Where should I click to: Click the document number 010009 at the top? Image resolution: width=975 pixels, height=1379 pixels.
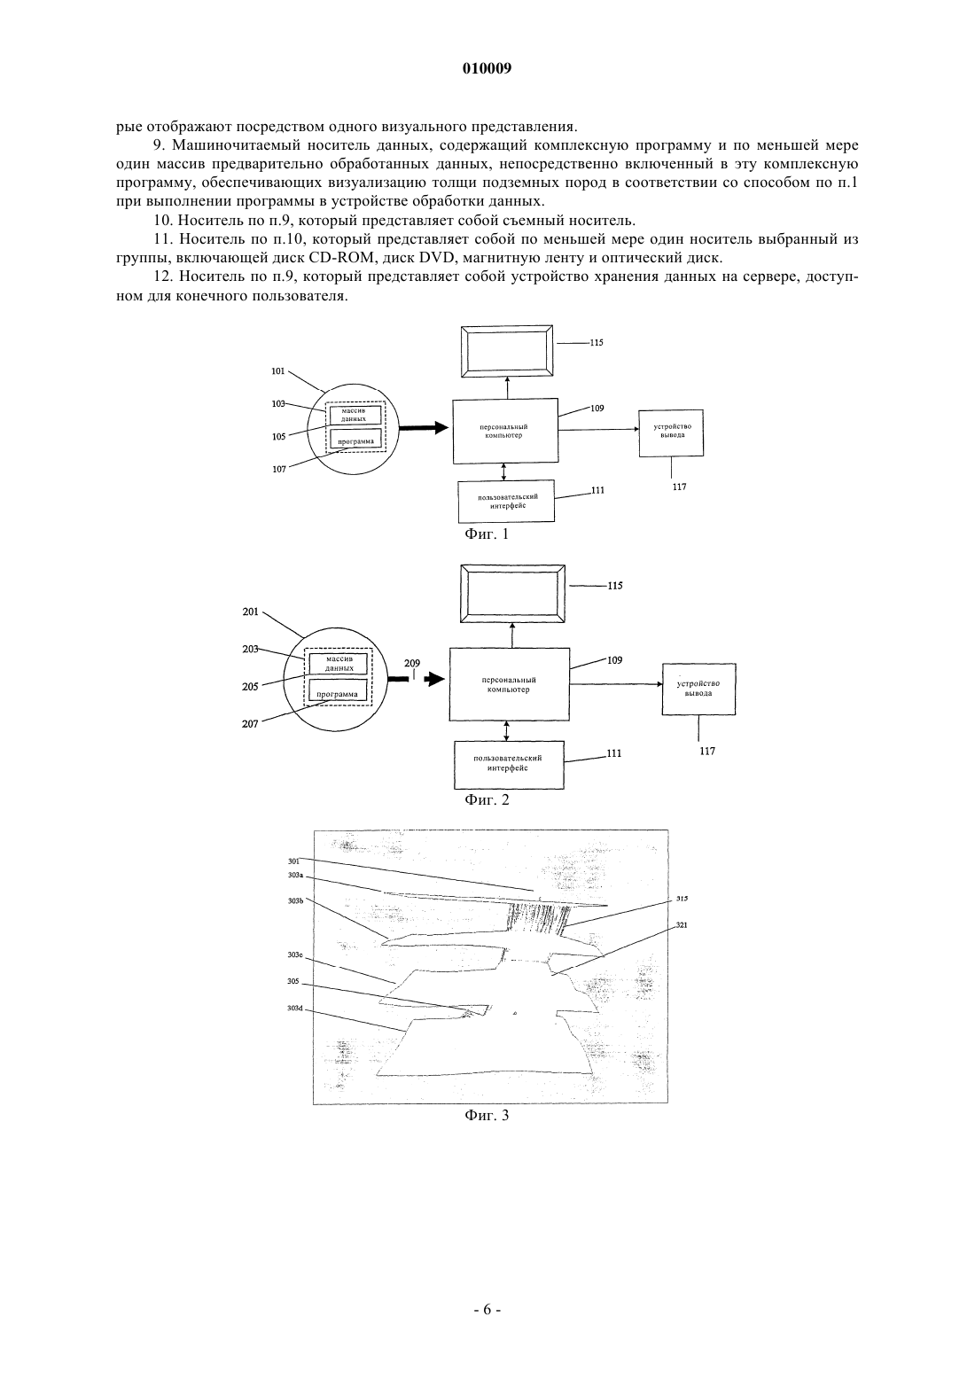pos(487,68)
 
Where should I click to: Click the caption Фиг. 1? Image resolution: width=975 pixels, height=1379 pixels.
pos(487,534)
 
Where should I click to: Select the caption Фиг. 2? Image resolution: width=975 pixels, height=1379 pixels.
pos(487,799)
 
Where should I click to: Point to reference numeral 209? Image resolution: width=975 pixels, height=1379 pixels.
pos(412,663)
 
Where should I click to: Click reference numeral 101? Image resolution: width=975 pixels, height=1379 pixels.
pos(278,371)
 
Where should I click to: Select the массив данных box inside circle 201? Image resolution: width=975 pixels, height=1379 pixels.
pos(339,664)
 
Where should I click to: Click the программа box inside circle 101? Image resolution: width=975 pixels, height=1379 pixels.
pos(355,439)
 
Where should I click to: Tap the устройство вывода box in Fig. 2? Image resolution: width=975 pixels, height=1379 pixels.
pos(698,689)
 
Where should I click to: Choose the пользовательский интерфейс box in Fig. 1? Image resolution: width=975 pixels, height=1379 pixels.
pos(506,501)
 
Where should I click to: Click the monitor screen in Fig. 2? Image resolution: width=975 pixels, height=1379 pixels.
pos(512,595)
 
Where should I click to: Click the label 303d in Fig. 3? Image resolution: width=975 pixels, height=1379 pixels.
pos(295,1008)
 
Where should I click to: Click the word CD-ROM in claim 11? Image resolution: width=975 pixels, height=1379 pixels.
pos(341,257)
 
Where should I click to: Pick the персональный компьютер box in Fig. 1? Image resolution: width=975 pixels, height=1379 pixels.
pos(505,431)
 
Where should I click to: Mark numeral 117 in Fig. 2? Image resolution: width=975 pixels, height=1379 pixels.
pos(707,751)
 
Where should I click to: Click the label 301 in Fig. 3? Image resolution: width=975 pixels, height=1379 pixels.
pos(293,861)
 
